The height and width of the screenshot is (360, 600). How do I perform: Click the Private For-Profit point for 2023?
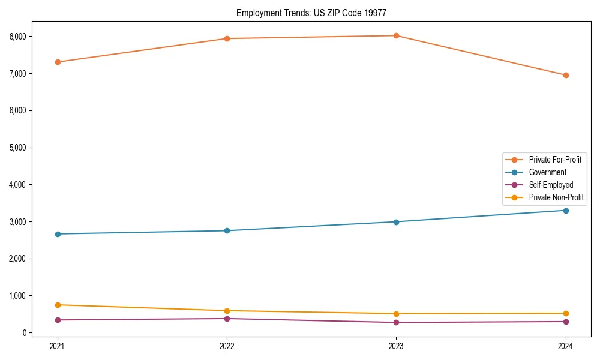396,35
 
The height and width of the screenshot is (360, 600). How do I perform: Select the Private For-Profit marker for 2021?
58,62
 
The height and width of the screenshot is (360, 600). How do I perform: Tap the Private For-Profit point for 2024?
565,75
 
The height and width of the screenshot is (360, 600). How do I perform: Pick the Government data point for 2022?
227,230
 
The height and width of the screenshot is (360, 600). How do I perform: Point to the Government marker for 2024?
565,210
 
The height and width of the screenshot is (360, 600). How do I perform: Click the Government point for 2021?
58,234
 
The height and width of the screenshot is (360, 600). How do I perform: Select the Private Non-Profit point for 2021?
58,305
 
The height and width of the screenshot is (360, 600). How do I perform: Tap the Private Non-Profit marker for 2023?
396,314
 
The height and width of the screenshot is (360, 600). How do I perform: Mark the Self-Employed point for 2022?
227,319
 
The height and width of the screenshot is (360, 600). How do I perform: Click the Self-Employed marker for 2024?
565,322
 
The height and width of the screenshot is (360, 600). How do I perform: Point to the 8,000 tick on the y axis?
20,37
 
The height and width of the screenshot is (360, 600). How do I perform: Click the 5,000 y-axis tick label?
20,148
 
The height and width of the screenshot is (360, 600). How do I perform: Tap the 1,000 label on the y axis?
20,296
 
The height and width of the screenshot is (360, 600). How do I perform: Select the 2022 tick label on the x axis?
227,346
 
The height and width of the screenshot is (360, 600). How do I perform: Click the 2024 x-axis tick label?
565,346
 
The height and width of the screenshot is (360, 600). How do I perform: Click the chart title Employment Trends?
316,13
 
